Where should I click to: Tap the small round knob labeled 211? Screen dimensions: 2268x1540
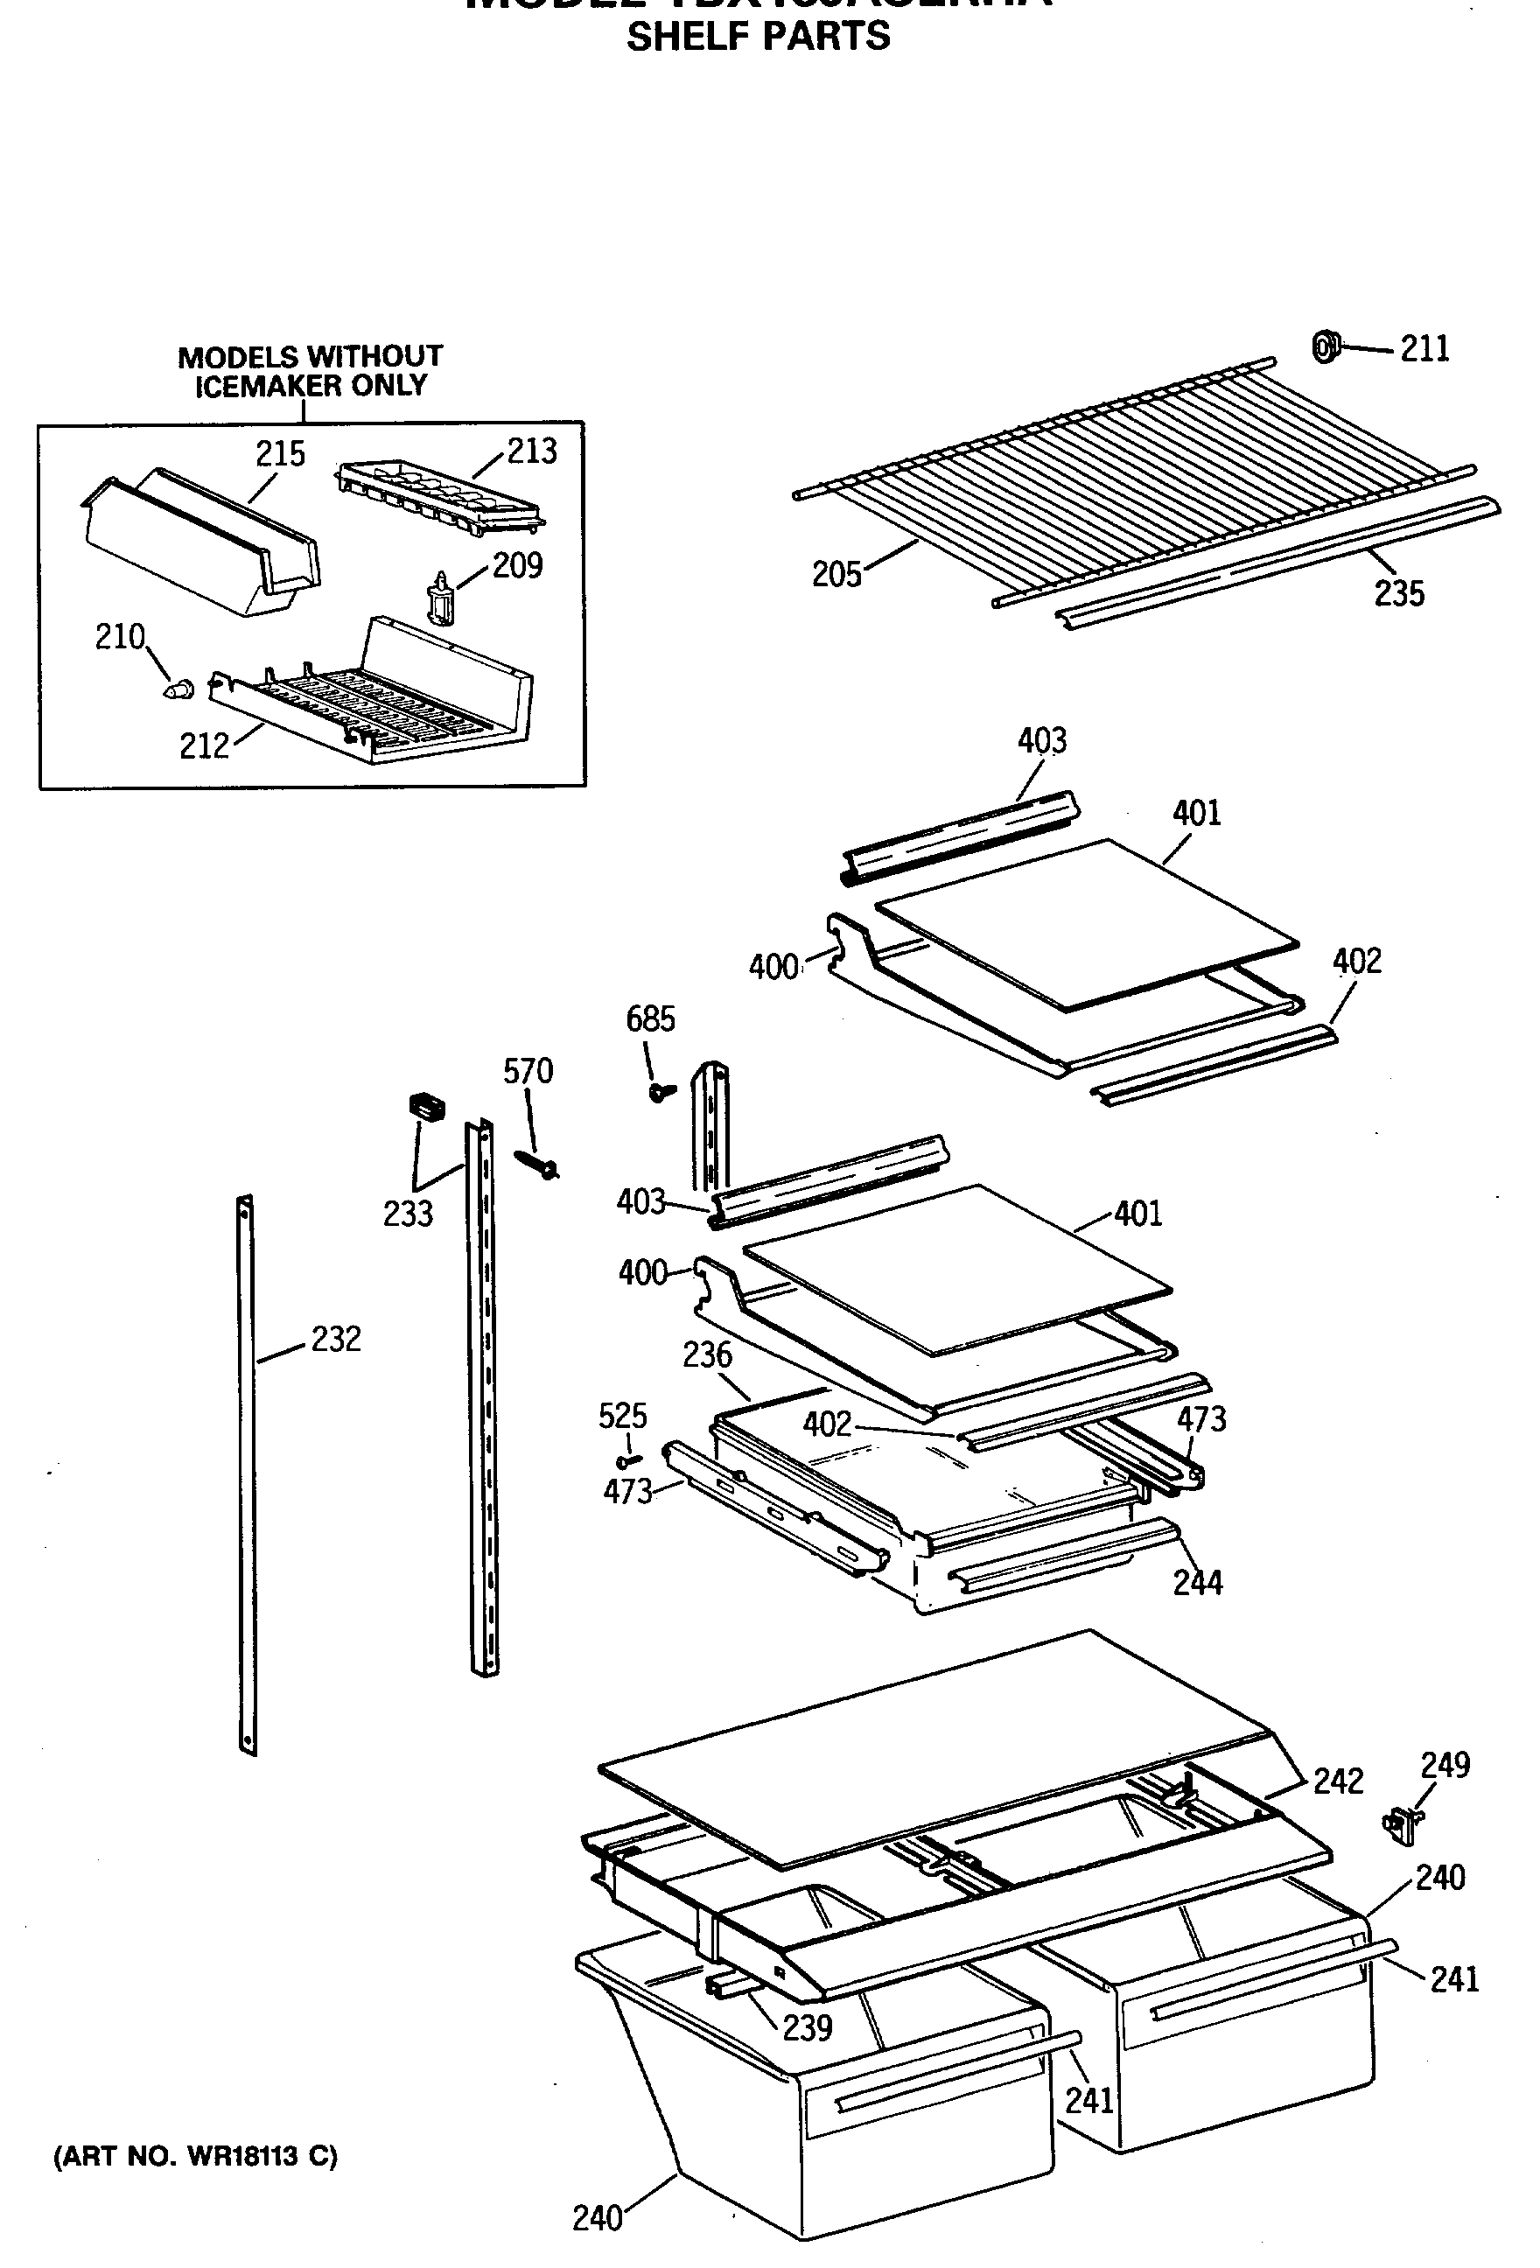1325,346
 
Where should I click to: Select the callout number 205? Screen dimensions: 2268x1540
836,574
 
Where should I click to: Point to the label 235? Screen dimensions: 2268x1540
1398,593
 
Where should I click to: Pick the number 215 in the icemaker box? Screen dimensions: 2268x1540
280,454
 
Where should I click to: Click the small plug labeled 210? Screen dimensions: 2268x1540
178,688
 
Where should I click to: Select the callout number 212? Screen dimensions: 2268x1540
204,746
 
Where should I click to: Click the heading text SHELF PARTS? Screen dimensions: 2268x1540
759,37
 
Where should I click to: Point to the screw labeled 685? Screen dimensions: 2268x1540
661,1091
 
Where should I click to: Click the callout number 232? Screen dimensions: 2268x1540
336,1339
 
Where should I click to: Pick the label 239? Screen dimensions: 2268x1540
807,2028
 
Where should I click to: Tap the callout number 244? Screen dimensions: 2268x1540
1198,1582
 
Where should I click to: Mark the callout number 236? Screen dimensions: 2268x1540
707,1354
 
